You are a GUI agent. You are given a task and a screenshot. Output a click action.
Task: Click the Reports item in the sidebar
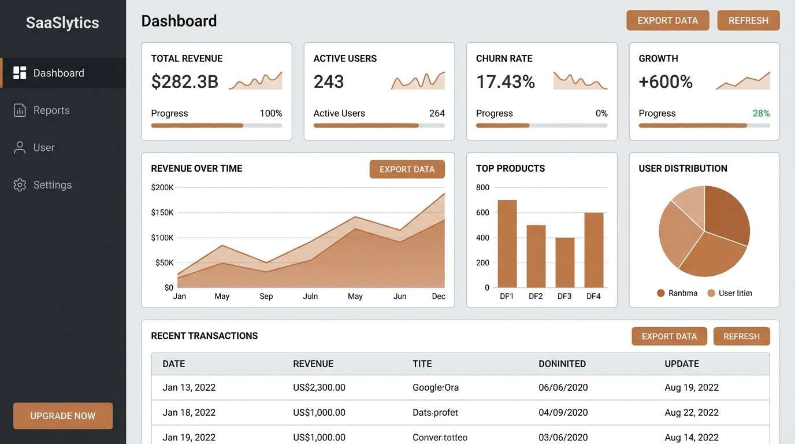pyautogui.click(x=51, y=110)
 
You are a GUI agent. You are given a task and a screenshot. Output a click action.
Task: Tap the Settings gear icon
pyautogui.click(x=20, y=185)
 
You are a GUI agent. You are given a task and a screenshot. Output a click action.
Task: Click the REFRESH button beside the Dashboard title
pyautogui.click(x=748, y=20)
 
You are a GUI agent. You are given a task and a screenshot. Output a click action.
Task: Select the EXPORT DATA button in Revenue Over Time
pyautogui.click(x=407, y=169)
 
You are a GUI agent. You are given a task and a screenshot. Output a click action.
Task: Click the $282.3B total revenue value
pyautogui.click(x=184, y=82)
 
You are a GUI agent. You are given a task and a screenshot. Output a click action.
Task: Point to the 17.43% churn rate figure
pyautogui.click(x=505, y=82)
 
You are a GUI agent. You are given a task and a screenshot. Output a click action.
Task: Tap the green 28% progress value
pyautogui.click(x=761, y=113)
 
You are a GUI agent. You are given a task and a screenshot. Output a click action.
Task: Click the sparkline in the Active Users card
pyautogui.click(x=418, y=81)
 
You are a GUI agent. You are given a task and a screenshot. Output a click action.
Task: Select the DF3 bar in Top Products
pyautogui.click(x=564, y=262)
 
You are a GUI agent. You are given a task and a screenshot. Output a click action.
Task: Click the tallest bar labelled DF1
pyautogui.click(x=507, y=243)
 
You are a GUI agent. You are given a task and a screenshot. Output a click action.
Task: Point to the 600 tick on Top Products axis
pyautogui.click(x=482, y=212)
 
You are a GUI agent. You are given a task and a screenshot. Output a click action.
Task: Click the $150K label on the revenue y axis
pyautogui.click(x=162, y=212)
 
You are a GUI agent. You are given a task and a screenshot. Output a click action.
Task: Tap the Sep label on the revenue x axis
pyautogui.click(x=266, y=296)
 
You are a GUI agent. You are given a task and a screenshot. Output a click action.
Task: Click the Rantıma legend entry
pyautogui.click(x=677, y=293)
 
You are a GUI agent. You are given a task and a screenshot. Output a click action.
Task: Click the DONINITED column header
pyautogui.click(x=562, y=364)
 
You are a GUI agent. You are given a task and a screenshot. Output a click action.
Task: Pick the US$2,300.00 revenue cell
pyautogui.click(x=319, y=387)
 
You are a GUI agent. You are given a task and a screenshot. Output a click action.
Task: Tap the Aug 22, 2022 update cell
pyautogui.click(x=691, y=412)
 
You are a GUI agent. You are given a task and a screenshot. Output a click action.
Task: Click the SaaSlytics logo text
pyautogui.click(x=62, y=23)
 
